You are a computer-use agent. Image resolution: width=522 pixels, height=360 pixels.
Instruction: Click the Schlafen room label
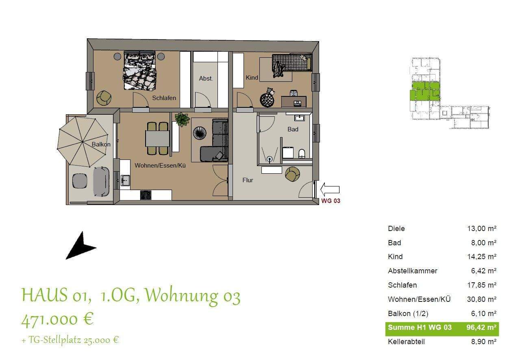click(164, 98)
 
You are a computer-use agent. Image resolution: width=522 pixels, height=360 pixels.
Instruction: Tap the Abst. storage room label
click(206, 79)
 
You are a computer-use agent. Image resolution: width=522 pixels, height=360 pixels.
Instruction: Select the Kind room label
click(252, 78)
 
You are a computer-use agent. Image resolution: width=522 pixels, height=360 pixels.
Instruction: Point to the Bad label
click(293, 129)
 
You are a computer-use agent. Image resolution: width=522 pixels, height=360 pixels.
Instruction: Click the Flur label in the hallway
click(248, 180)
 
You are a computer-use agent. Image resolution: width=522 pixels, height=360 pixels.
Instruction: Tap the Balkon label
click(101, 144)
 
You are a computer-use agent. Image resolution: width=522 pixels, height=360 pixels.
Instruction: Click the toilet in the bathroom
click(302, 154)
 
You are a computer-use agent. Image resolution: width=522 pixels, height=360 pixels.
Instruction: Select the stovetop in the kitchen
click(146, 195)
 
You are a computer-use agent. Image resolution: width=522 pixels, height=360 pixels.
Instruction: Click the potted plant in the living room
click(182, 119)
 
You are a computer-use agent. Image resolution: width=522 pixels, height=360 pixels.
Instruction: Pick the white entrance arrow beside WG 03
click(330, 188)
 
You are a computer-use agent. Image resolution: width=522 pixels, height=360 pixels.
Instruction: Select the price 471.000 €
click(57, 319)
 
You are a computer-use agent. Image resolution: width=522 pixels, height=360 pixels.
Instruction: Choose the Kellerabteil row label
click(406, 342)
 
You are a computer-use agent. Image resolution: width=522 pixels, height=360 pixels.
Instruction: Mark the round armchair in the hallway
click(292, 174)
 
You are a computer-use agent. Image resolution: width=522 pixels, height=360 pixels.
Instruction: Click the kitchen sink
click(125, 179)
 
